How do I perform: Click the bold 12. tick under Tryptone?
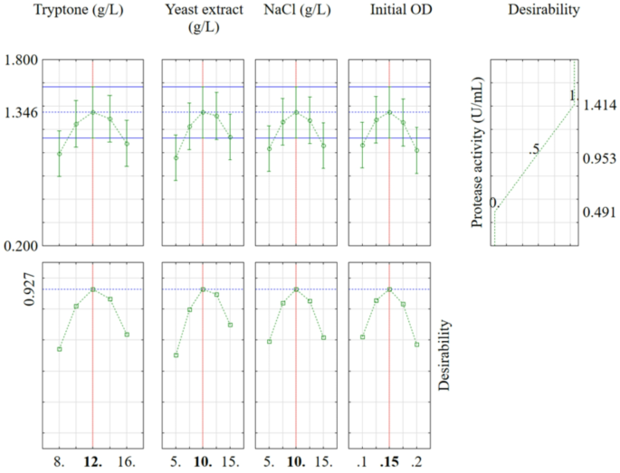click(92, 462)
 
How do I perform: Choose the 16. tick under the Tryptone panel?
click(127, 462)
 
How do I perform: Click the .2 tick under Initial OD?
click(417, 462)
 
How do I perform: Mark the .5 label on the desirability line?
click(533, 148)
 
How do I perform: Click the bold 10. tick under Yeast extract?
click(203, 462)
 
